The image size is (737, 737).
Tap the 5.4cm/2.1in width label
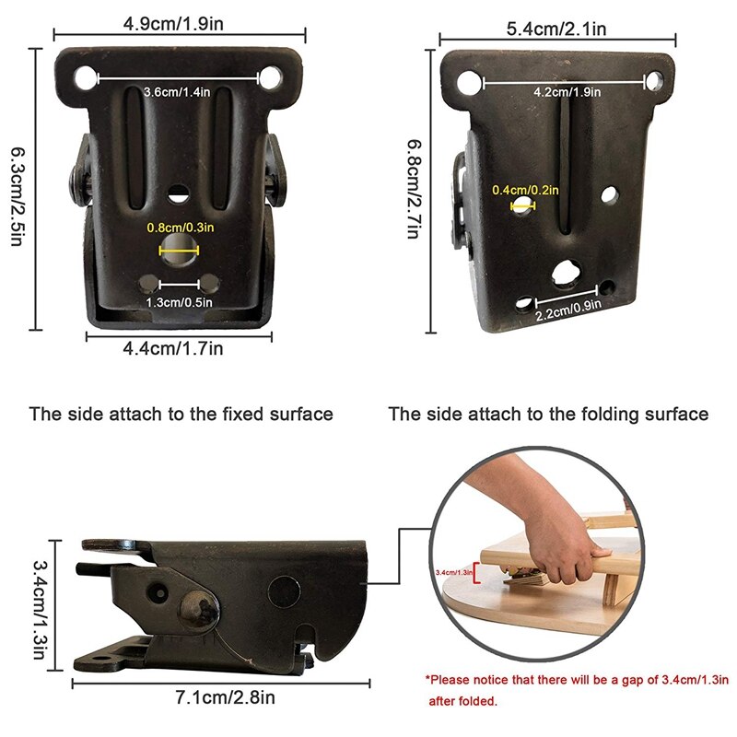[556, 28]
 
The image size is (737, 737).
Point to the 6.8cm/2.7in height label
[415, 188]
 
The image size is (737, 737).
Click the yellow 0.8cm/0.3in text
[180, 228]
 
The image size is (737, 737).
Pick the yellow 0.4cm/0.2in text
[525, 190]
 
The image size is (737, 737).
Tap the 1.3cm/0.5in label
[180, 300]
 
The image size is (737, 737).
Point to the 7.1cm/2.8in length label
[221, 696]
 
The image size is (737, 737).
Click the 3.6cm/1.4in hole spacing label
[178, 92]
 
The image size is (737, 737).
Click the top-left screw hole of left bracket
[86, 77]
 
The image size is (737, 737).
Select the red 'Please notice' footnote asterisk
[428, 681]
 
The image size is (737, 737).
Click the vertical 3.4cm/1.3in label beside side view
[38, 604]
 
